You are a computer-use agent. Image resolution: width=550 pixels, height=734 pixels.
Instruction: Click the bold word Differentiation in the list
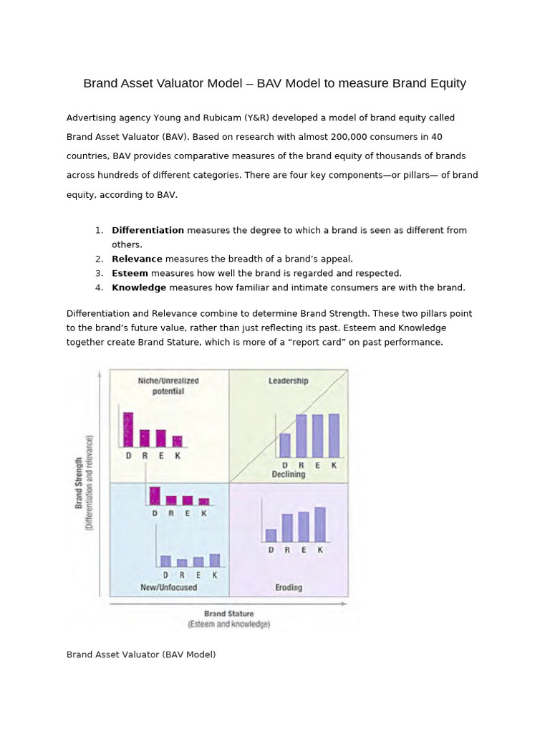pos(148,230)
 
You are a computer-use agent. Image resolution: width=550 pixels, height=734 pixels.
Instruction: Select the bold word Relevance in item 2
pos(137,259)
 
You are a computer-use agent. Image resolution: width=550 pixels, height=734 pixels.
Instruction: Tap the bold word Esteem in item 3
pos(130,273)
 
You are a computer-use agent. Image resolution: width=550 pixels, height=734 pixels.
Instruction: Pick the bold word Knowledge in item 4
pos(139,287)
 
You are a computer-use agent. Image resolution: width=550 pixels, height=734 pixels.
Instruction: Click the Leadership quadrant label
pos(288,381)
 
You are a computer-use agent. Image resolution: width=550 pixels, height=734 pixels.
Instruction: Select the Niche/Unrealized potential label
pos(168,386)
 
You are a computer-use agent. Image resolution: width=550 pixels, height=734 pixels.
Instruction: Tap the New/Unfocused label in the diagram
pos(168,587)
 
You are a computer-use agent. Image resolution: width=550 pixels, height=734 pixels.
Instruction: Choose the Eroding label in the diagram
pos(288,587)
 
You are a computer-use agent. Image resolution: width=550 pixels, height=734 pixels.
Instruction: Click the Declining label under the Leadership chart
pos(288,474)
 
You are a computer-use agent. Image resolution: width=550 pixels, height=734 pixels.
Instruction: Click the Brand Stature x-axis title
pos(228,614)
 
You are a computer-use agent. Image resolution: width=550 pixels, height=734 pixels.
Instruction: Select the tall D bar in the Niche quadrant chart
pos(128,429)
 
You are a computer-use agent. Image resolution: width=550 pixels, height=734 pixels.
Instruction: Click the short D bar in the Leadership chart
pos(285,445)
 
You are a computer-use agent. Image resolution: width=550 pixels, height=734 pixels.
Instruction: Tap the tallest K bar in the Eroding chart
pos(319,524)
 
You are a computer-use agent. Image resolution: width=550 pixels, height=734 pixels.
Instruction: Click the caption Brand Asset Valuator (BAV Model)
pos(141,654)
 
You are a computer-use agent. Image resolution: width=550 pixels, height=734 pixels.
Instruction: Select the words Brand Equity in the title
pos(428,83)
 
